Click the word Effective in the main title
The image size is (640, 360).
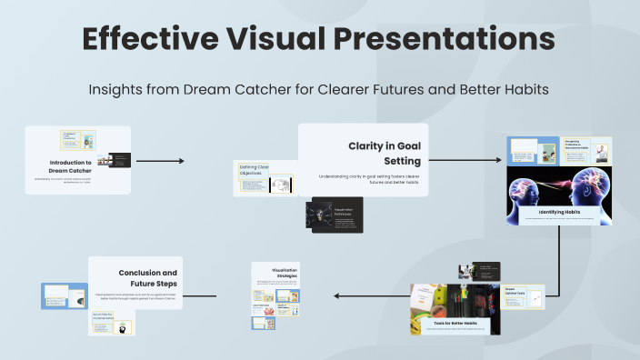(149, 38)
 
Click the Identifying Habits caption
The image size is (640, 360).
(559, 212)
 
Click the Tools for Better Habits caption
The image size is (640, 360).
(453, 323)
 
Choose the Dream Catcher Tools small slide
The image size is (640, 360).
(524, 296)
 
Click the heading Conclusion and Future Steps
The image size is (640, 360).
(147, 277)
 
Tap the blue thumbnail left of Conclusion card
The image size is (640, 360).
(64, 295)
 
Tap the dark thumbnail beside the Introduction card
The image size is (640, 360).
(120, 160)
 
